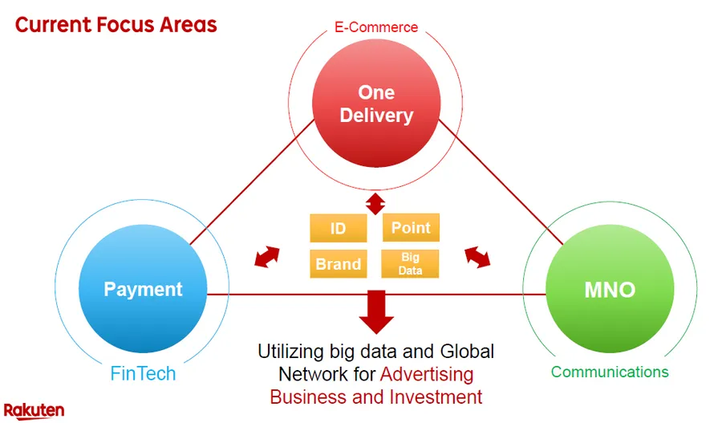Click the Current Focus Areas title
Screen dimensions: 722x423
pos(116,25)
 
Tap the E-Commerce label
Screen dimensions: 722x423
pos(376,27)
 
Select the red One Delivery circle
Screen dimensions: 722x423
pos(376,104)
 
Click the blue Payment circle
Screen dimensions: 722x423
pos(143,289)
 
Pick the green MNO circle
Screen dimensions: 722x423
pos(610,289)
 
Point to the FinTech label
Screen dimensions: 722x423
pos(143,373)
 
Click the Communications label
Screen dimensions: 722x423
pos(610,372)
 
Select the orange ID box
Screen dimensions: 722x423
pos(339,228)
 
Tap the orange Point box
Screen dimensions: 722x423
pos(411,228)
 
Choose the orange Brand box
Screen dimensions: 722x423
pos(339,264)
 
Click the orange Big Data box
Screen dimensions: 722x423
pos(410,264)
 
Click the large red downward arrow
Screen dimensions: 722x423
pos(377,312)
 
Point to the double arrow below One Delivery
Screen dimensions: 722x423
pos(375,204)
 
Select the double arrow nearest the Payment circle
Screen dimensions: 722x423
pos(267,257)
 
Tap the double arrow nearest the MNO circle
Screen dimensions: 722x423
pos(477,257)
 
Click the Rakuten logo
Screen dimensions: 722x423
pos(34,411)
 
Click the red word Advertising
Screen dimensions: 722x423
pos(427,374)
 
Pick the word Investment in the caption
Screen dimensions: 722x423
pos(436,397)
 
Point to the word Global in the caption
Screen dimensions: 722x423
pos(467,352)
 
